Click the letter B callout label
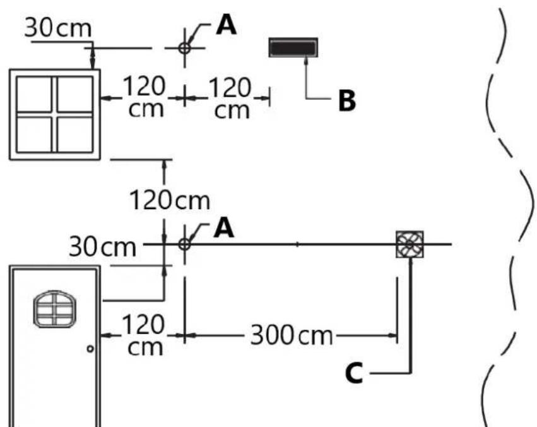[x=347, y=100]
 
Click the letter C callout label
[x=354, y=373]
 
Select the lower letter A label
[x=224, y=228]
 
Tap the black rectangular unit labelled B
[x=293, y=47]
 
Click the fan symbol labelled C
[x=410, y=244]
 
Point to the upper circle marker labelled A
[x=185, y=48]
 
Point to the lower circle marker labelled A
[x=184, y=244]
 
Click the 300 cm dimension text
[x=292, y=335]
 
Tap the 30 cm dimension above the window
[x=58, y=28]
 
